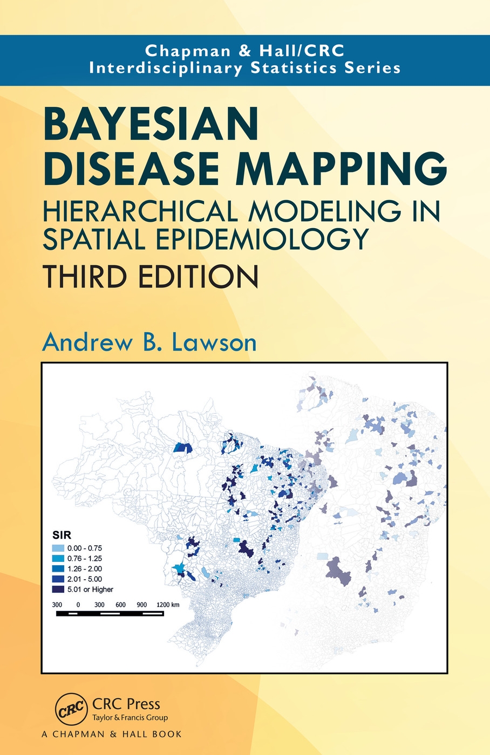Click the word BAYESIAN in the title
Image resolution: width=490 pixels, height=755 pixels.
[x=151, y=125]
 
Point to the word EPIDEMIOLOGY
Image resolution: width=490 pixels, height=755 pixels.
[x=262, y=239]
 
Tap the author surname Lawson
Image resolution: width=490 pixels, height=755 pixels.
[x=217, y=342]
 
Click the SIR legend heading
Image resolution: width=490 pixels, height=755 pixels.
[x=62, y=536]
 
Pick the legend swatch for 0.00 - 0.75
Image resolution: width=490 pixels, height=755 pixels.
[x=58, y=548]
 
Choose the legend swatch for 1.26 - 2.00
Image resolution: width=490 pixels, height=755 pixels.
[x=58, y=569]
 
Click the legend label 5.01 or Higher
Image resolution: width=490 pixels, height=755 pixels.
[x=90, y=589]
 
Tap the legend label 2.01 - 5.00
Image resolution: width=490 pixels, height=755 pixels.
[x=85, y=579]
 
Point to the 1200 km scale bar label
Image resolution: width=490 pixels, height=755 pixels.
[x=168, y=605]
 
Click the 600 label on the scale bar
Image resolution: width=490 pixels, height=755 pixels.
[x=120, y=605]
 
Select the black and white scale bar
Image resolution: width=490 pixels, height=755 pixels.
[x=110, y=614]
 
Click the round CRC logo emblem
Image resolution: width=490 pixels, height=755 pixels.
[x=71, y=709]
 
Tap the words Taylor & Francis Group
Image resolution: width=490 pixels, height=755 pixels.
[x=130, y=718]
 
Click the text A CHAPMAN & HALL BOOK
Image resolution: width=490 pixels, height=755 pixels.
[x=111, y=734]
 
